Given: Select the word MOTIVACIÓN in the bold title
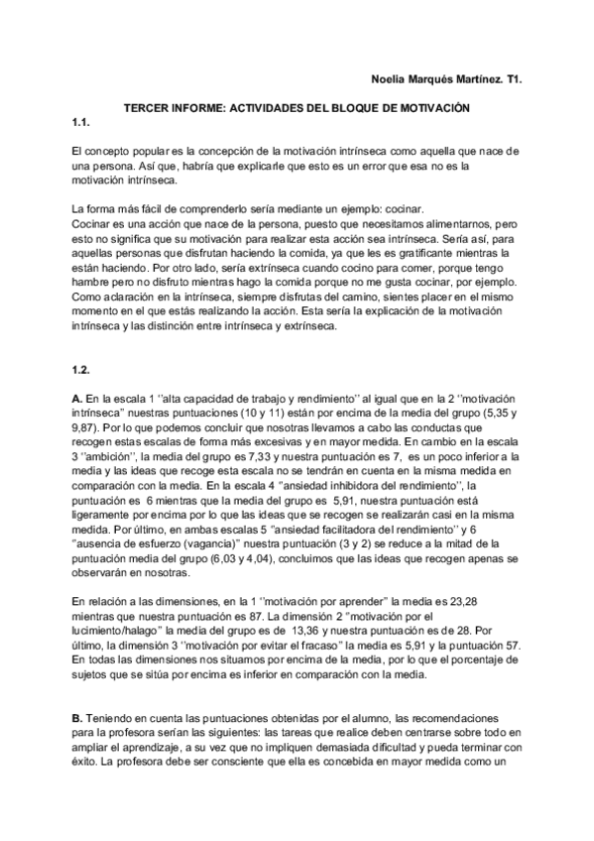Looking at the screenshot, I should [x=430, y=105].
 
